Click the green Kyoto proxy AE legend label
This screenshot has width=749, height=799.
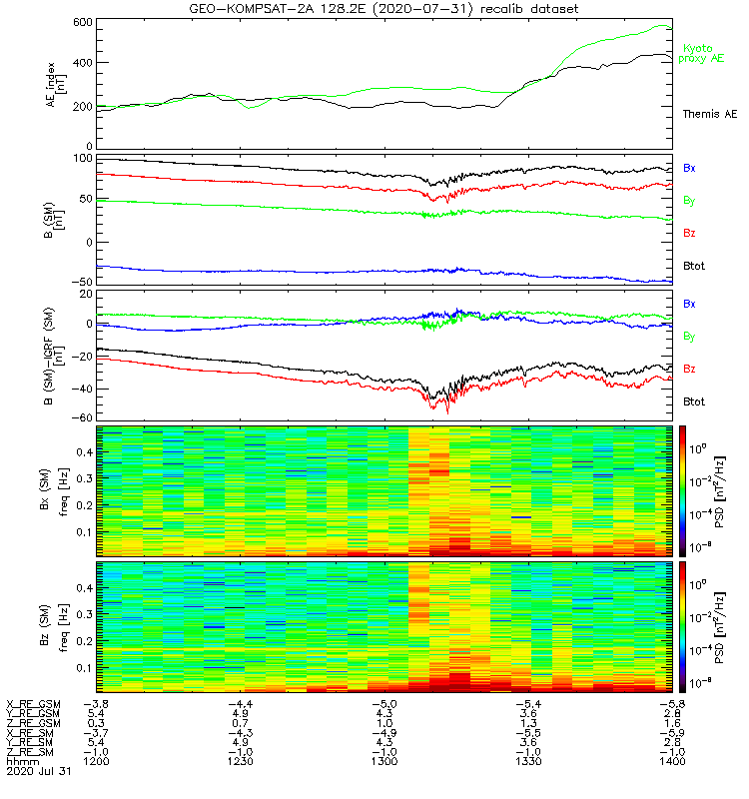tap(703, 53)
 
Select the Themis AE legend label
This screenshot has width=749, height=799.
tap(708, 114)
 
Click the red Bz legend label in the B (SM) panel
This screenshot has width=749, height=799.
tap(689, 233)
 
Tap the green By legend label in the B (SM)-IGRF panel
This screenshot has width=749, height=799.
tap(689, 337)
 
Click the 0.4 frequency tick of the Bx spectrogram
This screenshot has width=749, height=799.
tap(81, 451)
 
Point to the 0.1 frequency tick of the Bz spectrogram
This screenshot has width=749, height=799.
tap(81, 666)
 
